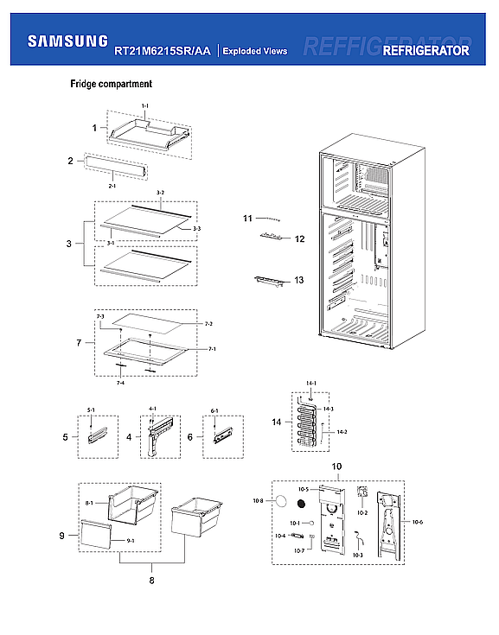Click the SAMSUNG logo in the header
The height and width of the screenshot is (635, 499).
point(67,41)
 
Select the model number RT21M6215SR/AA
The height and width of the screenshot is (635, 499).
point(163,51)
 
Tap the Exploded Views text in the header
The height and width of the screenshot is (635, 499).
point(255,51)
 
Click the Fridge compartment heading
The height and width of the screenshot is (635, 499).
point(112,85)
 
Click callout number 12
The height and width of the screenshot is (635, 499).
point(299,238)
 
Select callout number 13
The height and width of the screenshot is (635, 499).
point(298,280)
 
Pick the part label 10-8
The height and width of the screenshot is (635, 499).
point(258,501)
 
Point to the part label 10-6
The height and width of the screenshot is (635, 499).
point(417,522)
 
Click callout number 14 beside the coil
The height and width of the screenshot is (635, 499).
point(275,422)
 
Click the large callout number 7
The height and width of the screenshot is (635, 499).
point(79,343)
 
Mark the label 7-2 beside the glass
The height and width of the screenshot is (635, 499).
point(208,323)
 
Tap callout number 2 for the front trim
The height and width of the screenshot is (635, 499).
point(70,161)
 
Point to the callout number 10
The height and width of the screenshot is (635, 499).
point(336,467)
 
